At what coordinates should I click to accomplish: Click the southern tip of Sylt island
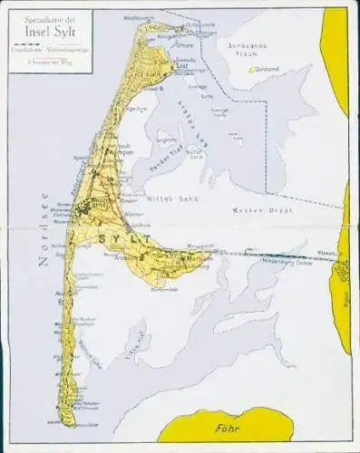pyautogui.click(x=64, y=424)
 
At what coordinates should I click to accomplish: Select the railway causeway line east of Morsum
pyautogui.click(x=272, y=255)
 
